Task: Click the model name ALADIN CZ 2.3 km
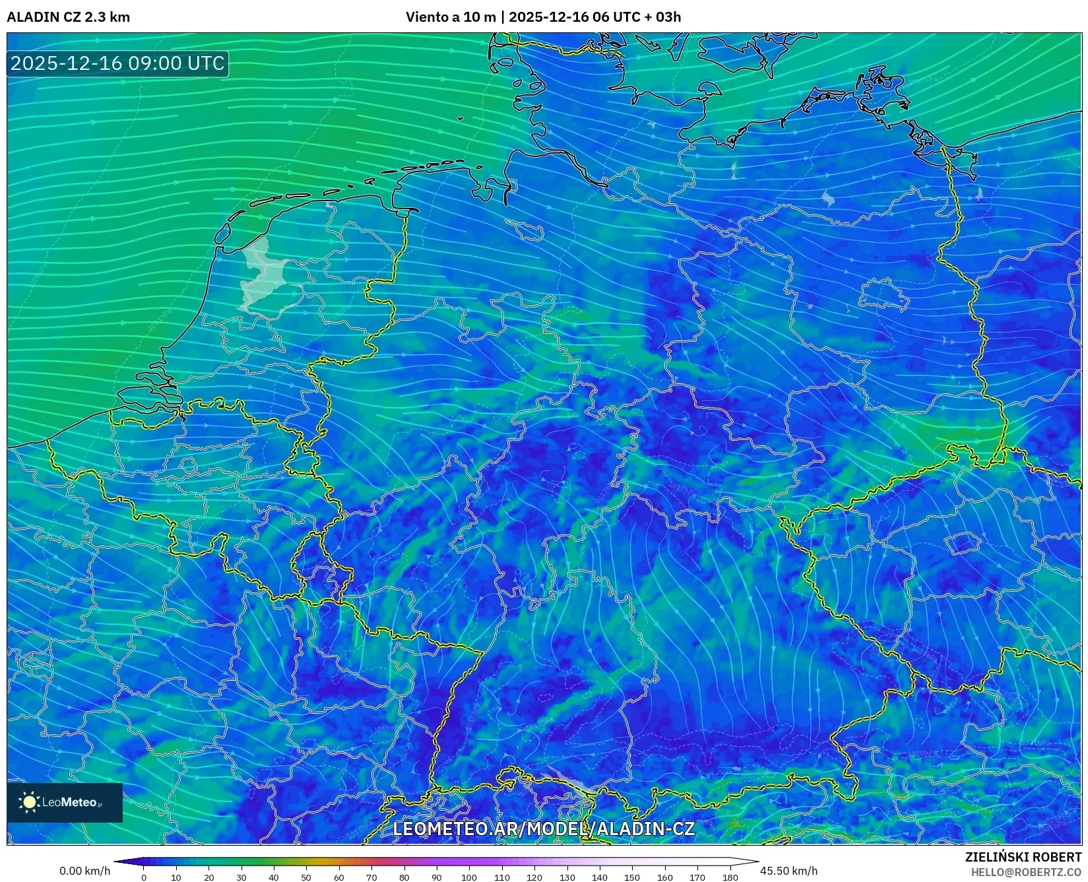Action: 68,17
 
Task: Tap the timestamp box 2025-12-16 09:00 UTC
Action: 117,63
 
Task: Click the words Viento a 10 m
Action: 450,17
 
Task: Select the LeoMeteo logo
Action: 65,802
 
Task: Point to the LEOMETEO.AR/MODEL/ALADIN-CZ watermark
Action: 544,829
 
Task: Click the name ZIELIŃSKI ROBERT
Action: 1023,857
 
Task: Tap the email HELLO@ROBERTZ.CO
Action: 1026,872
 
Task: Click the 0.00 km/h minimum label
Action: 84,871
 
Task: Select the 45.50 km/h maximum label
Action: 788,871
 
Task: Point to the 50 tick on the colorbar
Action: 306,877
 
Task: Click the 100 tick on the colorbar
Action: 469,877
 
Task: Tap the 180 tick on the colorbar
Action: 730,877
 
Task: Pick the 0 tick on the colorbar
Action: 144,877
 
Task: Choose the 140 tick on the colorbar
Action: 599,877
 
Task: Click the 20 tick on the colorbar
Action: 208,877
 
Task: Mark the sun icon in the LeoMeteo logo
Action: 29,802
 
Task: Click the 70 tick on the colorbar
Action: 371,877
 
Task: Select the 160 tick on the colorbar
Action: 664,877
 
